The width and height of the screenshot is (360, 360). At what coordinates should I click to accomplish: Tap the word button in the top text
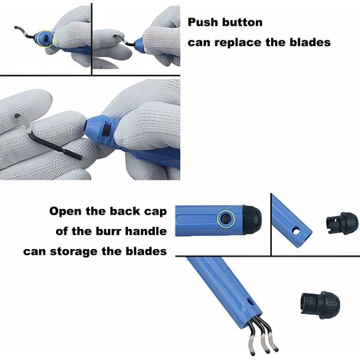(x=242, y=22)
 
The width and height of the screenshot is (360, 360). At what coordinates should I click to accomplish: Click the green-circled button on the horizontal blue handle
(x=226, y=218)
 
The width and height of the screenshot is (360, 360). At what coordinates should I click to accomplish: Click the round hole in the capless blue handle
(x=296, y=231)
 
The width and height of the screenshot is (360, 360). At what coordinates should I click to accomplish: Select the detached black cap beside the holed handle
(x=342, y=223)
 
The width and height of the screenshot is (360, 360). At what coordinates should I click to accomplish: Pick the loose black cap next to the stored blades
(x=320, y=305)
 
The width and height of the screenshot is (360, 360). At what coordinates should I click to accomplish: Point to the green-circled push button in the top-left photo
(x=46, y=38)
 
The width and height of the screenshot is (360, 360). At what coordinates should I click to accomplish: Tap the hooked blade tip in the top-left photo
(x=19, y=28)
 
